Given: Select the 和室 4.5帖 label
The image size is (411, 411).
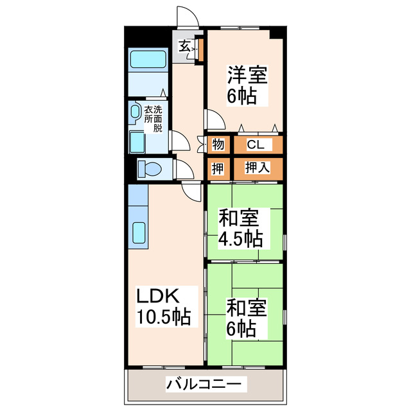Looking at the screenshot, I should coord(240,228).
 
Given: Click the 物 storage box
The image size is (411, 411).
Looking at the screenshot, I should coord(218,144).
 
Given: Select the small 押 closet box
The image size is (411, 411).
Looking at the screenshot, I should coord(218,168).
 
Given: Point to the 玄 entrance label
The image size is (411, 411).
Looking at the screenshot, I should coord(184,46).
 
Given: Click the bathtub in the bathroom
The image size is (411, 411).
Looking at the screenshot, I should coord(148,60).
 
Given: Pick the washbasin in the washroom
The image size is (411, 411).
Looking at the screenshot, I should coord(135,112).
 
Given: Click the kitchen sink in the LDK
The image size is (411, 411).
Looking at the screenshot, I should coord(138,232).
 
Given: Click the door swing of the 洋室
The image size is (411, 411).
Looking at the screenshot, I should coord(213,119).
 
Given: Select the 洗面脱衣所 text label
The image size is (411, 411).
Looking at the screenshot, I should coord(153,118).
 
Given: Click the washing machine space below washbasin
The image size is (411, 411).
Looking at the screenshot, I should coord(137,142).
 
